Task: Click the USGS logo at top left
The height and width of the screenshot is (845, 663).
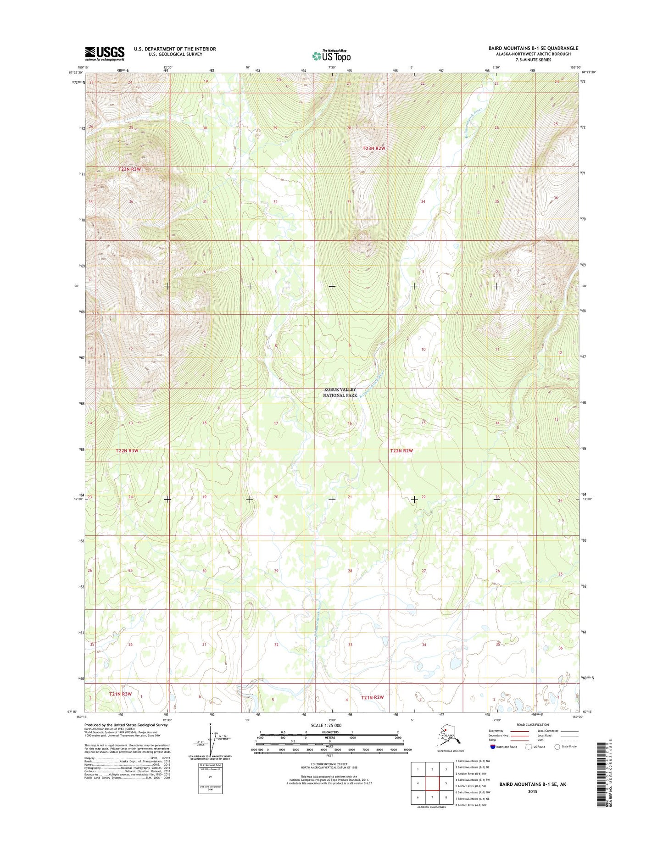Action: (x=105, y=53)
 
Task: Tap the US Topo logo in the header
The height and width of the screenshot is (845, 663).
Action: (x=331, y=56)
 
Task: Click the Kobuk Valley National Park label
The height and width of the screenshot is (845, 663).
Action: (x=340, y=392)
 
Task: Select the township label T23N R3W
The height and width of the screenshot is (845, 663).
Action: (x=129, y=169)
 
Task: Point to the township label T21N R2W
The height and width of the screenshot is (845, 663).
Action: (x=372, y=698)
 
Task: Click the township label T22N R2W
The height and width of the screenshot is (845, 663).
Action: (x=401, y=450)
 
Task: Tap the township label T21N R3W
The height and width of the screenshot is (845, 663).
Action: (x=120, y=694)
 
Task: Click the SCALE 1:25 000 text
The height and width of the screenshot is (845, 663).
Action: (x=326, y=725)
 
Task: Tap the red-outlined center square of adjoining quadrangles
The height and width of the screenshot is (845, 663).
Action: (x=432, y=783)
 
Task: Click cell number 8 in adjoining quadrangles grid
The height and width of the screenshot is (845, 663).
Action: (x=446, y=797)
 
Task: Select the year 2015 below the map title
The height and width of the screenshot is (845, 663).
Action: (x=532, y=791)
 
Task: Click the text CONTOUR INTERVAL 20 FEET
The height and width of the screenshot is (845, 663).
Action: (x=329, y=764)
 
